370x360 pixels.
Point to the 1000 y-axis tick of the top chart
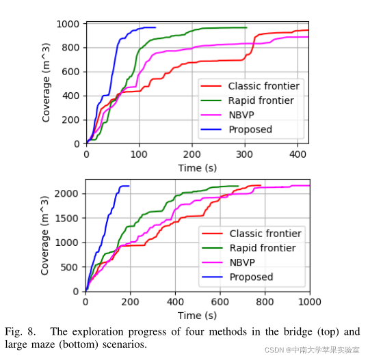tap(68, 24)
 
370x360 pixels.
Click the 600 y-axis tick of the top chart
tap(70, 72)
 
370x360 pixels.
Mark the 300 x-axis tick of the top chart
tap(245, 154)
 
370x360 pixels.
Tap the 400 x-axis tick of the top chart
tap(298, 154)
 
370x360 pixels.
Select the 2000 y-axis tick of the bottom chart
tap(66, 193)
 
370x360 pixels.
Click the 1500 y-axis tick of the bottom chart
tap(66, 219)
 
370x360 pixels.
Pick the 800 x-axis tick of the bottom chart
tap(265, 302)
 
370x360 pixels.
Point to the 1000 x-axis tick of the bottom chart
tap(310, 302)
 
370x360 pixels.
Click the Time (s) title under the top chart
tap(198, 168)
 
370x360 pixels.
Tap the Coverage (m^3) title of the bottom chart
tap(44, 236)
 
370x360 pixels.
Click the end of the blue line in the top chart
tap(155, 27)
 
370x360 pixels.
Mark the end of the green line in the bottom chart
tap(238, 186)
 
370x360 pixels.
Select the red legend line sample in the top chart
tap(211, 86)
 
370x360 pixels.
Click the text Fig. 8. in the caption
tap(21, 332)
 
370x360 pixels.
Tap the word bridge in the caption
tap(298, 332)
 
